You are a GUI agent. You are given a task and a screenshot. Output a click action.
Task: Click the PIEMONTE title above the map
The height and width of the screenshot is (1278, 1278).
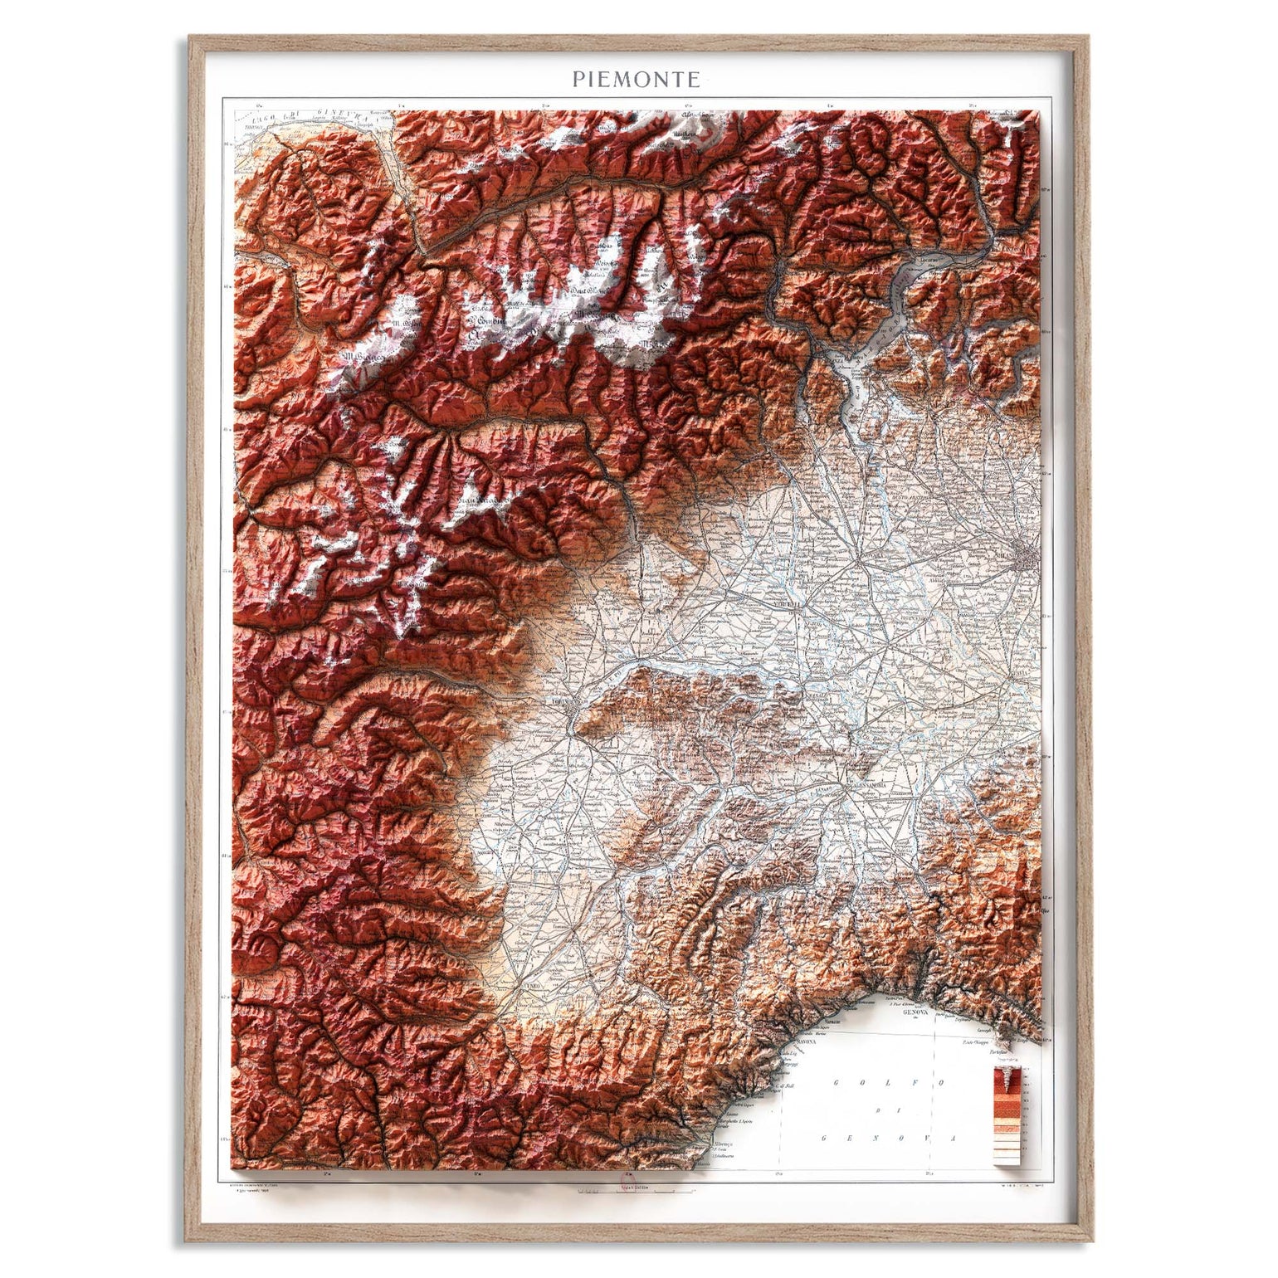[x=636, y=79]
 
